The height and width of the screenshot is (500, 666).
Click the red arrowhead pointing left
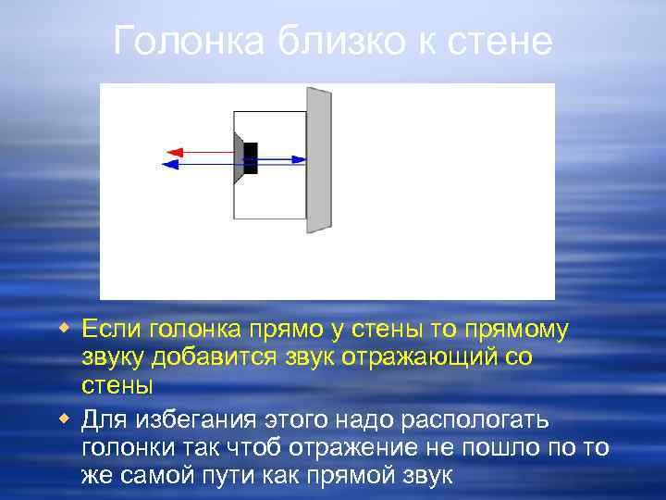[172, 151]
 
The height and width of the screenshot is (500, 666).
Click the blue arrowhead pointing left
[169, 165]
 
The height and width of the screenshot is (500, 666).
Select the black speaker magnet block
[250, 157]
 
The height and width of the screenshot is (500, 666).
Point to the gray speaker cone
[239, 157]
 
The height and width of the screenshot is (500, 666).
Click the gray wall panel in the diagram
[319, 159]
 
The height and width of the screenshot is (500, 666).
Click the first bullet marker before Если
[63, 328]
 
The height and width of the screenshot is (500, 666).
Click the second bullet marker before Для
[63, 419]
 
